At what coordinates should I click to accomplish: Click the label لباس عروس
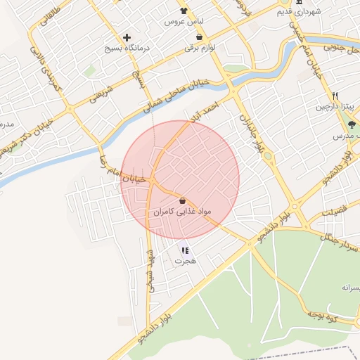(179, 22)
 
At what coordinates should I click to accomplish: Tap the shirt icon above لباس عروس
(184, 11)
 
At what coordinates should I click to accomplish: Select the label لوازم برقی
(199, 49)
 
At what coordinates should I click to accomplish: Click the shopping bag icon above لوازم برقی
(200, 37)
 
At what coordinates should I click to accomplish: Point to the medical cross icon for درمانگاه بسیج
(127, 37)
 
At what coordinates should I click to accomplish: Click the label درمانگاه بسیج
(124, 50)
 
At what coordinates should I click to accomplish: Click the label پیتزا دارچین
(336, 107)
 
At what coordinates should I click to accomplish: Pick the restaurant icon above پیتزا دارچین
(335, 96)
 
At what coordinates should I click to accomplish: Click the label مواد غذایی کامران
(181, 211)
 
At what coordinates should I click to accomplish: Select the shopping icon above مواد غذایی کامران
(183, 200)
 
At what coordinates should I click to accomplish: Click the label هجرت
(184, 261)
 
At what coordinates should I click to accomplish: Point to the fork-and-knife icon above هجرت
(184, 250)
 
